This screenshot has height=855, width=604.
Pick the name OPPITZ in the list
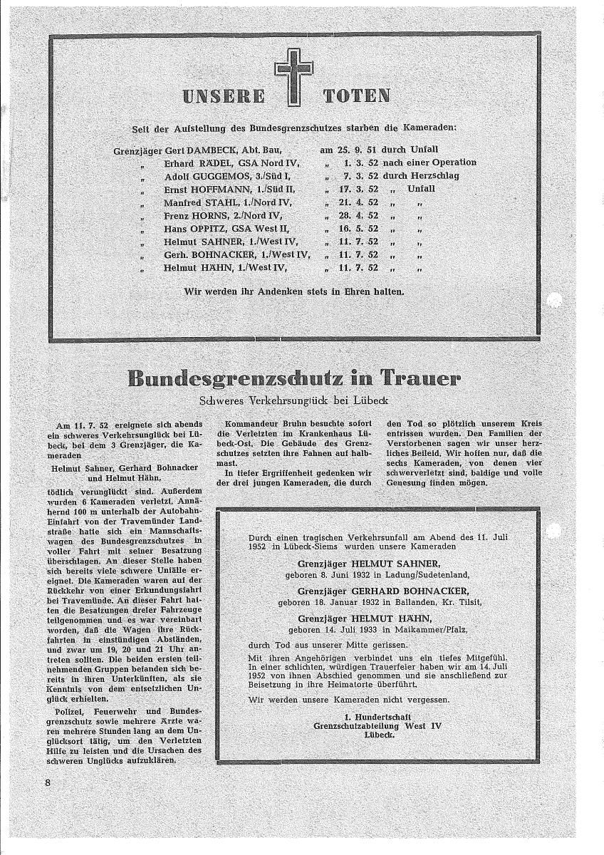[219, 229]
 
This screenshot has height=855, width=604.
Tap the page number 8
[46, 783]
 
